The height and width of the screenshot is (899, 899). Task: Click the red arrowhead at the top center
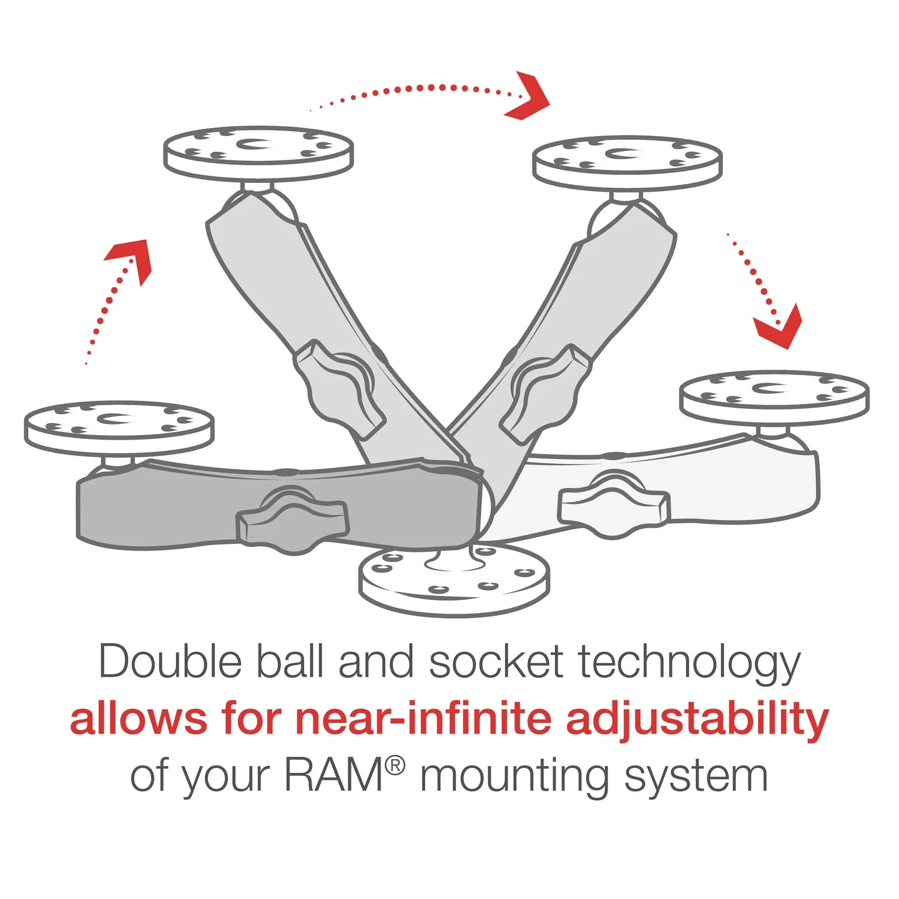(529, 97)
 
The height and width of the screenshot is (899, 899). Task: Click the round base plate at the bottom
(454, 584)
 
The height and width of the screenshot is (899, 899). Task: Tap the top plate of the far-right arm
(774, 396)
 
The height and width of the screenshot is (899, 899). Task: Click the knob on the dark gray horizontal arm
(292, 519)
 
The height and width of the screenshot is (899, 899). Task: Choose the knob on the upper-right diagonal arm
(543, 393)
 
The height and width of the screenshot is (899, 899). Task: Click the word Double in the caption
(170, 662)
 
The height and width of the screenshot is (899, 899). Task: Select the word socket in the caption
(496, 662)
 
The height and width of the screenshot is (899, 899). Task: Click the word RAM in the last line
(334, 775)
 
